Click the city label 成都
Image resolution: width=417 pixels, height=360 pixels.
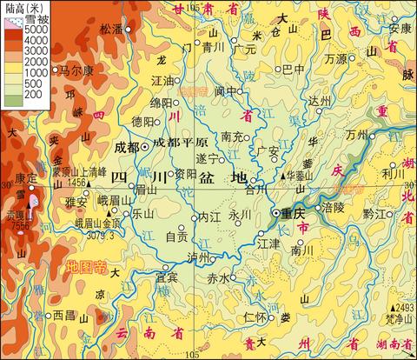pos(127,147)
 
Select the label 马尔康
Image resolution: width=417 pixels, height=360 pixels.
pos(76,70)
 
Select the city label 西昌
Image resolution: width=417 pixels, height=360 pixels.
pos(63,314)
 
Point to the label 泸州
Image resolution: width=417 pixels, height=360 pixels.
pos(198,258)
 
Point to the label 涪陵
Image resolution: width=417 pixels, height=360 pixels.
pos(334,210)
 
